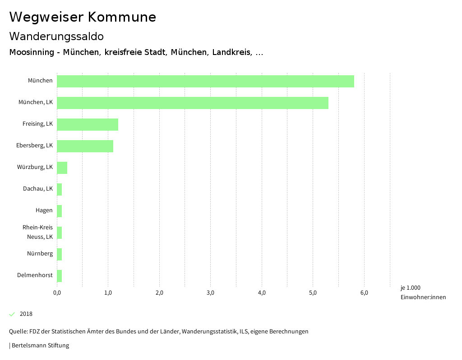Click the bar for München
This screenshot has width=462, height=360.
click(x=205, y=81)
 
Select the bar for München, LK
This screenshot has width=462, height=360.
click(x=193, y=103)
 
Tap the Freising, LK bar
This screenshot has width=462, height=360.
click(x=88, y=124)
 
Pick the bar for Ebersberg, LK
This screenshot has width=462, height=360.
click(x=85, y=146)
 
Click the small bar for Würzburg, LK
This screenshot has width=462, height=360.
click(x=62, y=168)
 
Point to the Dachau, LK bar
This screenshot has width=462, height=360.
click(x=60, y=189)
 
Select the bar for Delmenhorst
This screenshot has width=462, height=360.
click(x=60, y=276)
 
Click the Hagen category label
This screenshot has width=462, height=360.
click(x=44, y=210)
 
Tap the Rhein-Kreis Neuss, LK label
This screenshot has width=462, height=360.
click(x=38, y=232)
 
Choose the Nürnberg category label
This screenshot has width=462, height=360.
click(x=40, y=254)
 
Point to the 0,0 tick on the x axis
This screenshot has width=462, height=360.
click(x=57, y=293)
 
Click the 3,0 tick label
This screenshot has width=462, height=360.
click(x=211, y=293)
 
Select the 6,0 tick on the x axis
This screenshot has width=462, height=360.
click(x=364, y=293)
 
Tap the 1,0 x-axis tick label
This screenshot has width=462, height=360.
click(x=108, y=293)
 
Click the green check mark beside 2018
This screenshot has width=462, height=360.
click(x=12, y=314)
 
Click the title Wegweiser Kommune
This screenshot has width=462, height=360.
click(x=83, y=17)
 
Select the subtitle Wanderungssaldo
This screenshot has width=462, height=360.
click(x=56, y=36)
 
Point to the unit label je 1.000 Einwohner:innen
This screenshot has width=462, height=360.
click(x=423, y=292)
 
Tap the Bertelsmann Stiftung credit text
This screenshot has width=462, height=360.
click(x=40, y=346)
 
